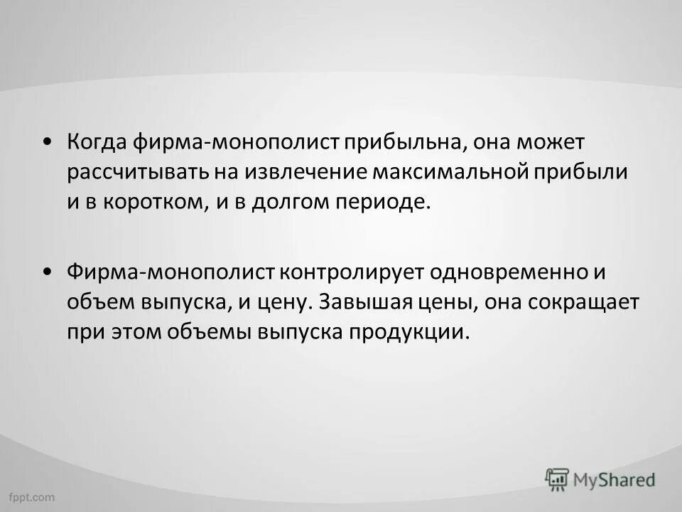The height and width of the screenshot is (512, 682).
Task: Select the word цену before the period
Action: point(280,302)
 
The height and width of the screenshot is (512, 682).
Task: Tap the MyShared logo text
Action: point(615,479)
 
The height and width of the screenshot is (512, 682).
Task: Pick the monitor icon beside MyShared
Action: point(557,479)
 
